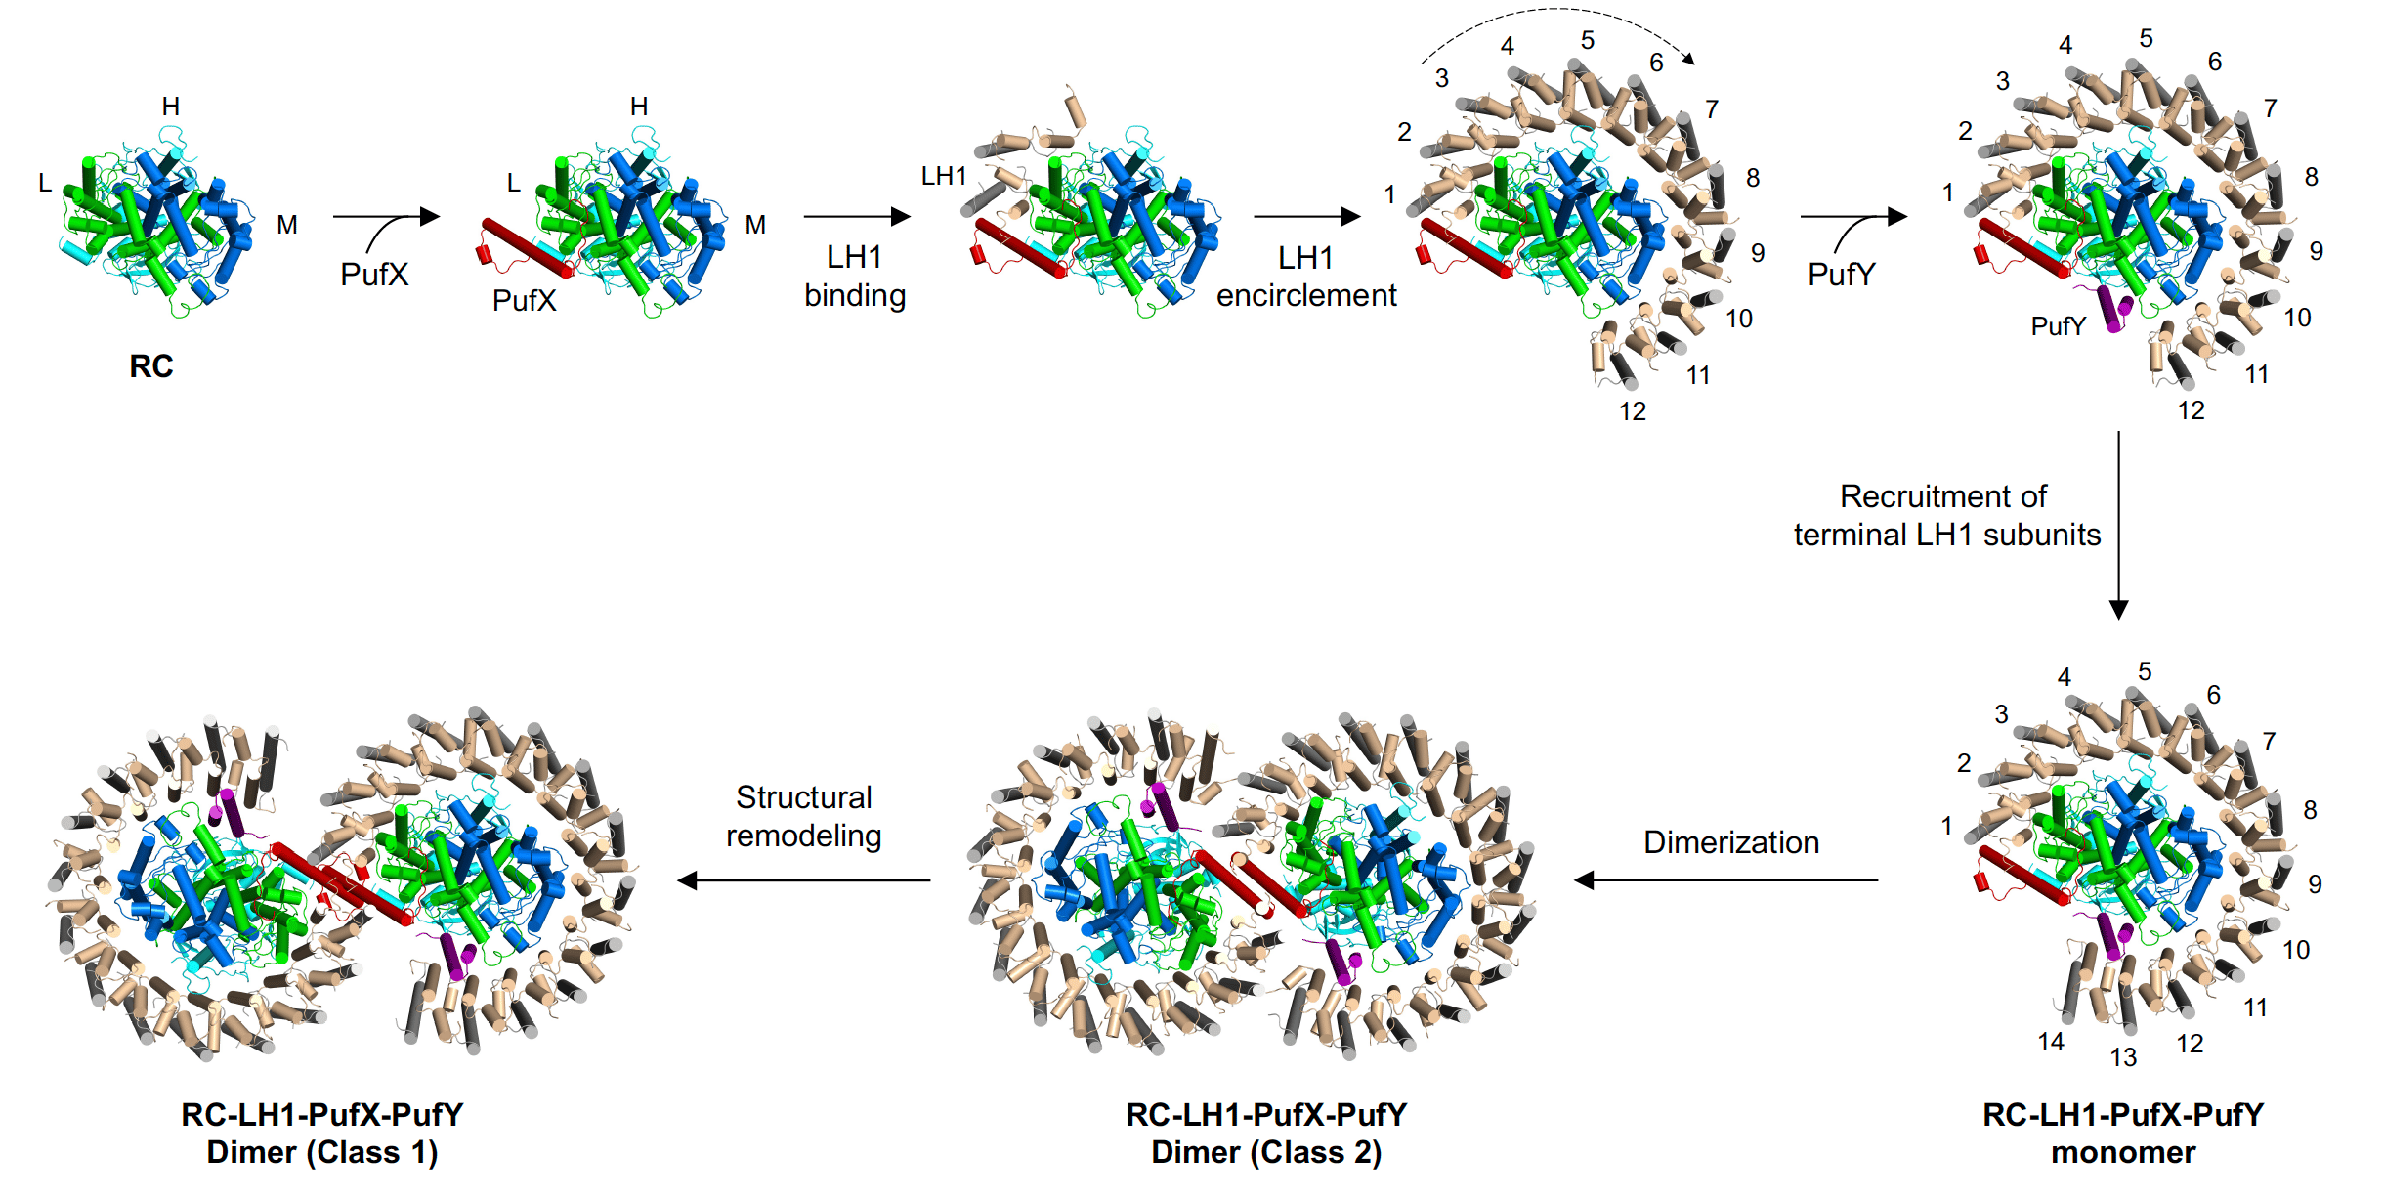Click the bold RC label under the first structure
pyautogui.click(x=151, y=366)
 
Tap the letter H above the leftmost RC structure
pyautogui.click(x=171, y=107)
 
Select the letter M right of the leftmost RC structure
pyautogui.click(x=286, y=225)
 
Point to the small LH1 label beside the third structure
pyautogui.click(x=944, y=176)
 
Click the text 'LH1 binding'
pyautogui.click(x=855, y=277)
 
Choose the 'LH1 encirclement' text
pyautogui.click(x=1306, y=277)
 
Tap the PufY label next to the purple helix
pyautogui.click(x=2058, y=326)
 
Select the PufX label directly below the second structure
pyautogui.click(x=524, y=301)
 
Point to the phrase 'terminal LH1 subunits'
pyautogui.click(x=1946, y=536)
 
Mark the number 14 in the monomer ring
pyautogui.click(x=2051, y=1043)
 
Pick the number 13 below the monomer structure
pyautogui.click(x=2123, y=1057)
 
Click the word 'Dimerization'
pyautogui.click(x=1730, y=842)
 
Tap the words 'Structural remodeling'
pyautogui.click(x=803, y=817)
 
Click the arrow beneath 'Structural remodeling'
pyautogui.click(x=804, y=880)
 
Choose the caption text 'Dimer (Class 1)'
pyautogui.click(x=322, y=1153)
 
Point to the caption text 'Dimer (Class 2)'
pyautogui.click(x=1266, y=1153)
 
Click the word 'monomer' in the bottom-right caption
pyautogui.click(x=2122, y=1153)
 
